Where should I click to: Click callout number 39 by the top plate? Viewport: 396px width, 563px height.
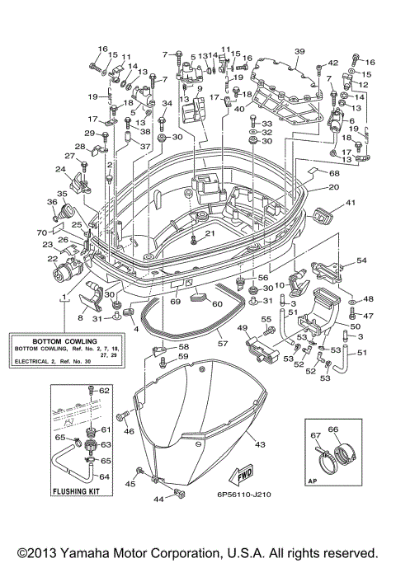click(299, 51)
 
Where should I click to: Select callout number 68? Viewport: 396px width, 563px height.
click(334, 173)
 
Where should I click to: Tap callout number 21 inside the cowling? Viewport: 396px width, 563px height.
click(209, 234)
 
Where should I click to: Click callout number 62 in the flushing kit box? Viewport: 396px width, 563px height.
click(104, 390)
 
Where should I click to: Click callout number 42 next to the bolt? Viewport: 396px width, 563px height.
click(333, 63)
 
